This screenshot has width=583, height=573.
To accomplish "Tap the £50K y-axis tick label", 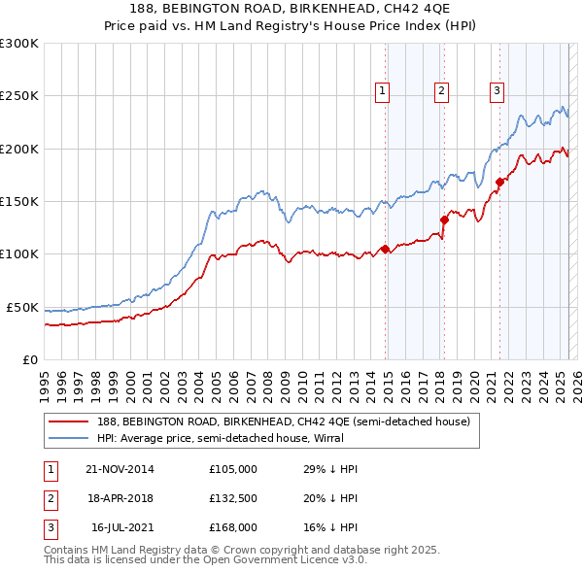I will click(x=22, y=307).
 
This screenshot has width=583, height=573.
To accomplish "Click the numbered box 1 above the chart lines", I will click(x=383, y=91).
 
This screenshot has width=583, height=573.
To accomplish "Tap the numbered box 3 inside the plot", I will click(x=497, y=91).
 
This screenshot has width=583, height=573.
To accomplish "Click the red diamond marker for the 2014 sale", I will click(x=385, y=249).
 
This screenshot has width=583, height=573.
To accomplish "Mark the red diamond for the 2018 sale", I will click(x=444, y=219).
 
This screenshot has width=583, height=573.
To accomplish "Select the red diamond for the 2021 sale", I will click(x=499, y=182).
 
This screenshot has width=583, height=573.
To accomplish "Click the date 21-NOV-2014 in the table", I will click(x=120, y=469).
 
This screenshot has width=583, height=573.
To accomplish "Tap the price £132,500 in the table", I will click(x=233, y=498).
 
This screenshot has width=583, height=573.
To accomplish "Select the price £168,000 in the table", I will click(x=233, y=527).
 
